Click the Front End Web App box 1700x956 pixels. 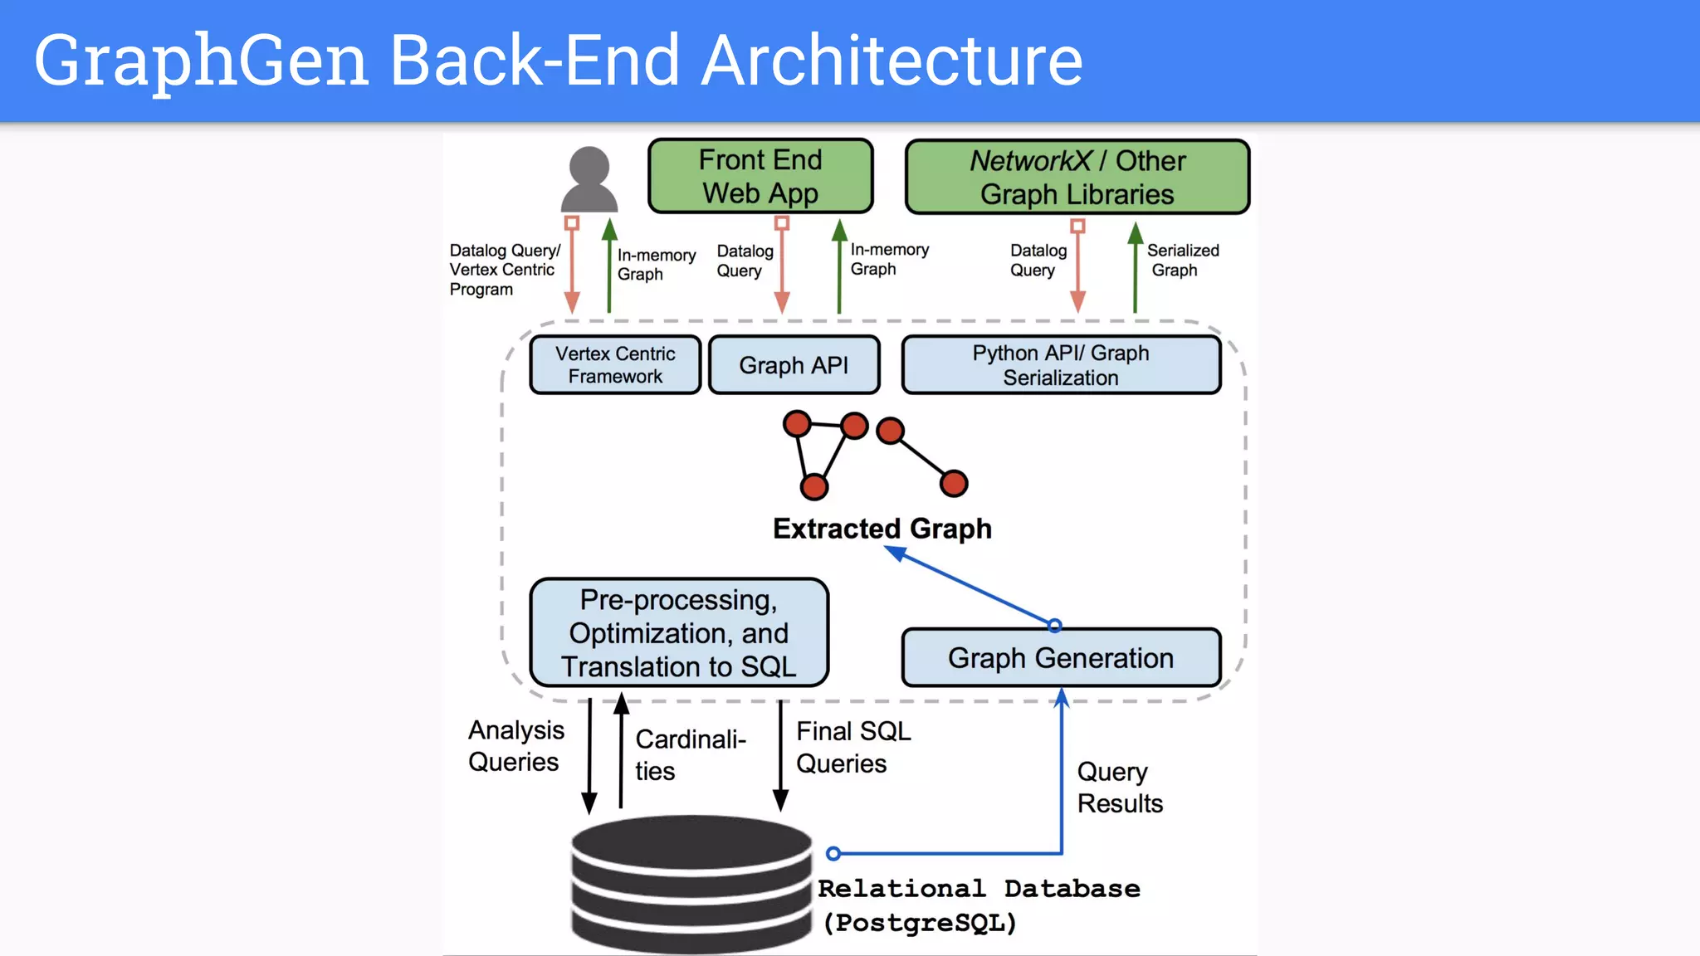(760, 177)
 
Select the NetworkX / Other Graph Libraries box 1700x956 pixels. (1077, 178)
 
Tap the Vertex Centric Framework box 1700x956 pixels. (615, 365)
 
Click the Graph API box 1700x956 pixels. (794, 365)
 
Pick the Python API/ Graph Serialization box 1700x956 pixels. (1061, 365)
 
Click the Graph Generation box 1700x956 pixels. (1061, 658)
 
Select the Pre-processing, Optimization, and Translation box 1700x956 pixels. (679, 633)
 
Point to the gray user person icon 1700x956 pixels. (589, 180)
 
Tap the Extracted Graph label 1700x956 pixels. (882, 529)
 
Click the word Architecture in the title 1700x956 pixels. (892, 61)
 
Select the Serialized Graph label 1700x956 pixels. (1182, 261)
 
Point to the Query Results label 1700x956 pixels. (1119, 788)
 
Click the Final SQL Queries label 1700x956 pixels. (852, 748)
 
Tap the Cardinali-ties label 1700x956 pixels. (689, 755)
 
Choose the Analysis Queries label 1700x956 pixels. (515, 746)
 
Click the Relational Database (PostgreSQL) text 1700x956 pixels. (978, 905)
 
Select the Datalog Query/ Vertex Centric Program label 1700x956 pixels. (504, 270)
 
